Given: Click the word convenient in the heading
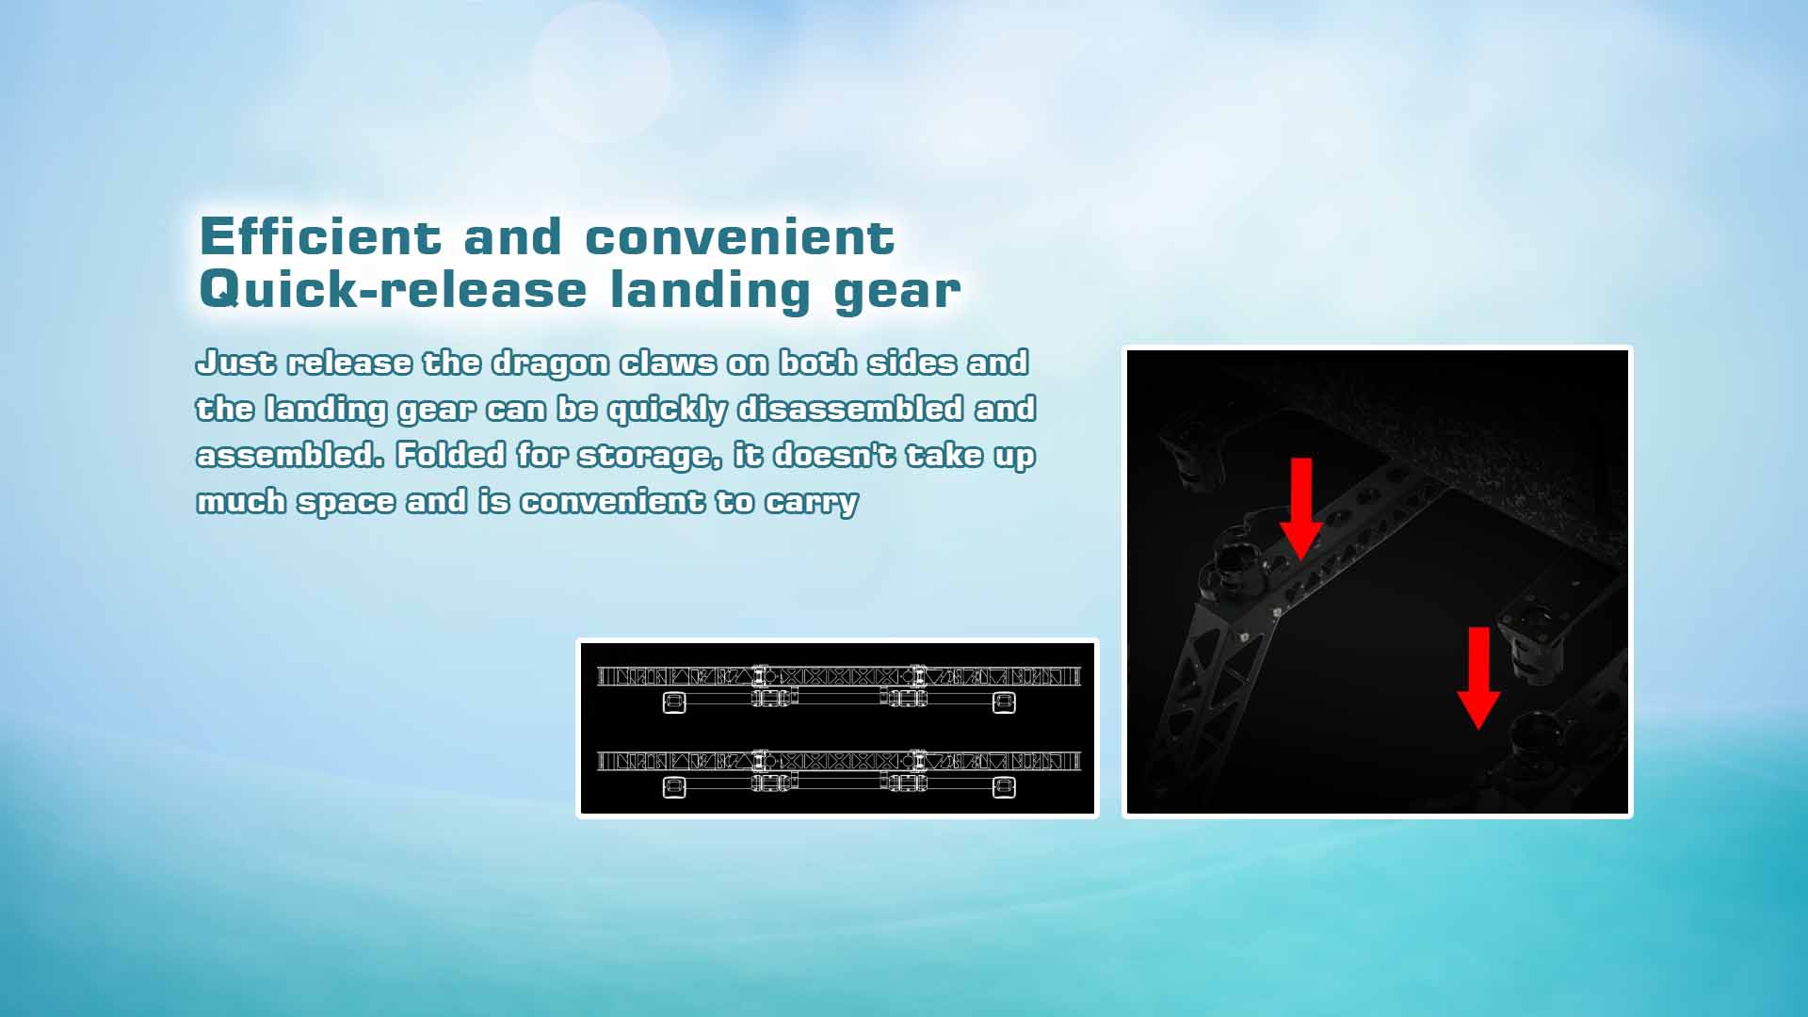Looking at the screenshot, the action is (739, 236).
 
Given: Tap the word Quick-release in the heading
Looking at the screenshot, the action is (393, 289).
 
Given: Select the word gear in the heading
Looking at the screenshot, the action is (896, 292).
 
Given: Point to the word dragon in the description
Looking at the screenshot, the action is (551, 364).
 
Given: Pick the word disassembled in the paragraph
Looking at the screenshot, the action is (850, 409).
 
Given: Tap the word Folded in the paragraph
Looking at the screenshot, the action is (451, 455).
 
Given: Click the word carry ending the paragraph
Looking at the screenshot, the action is (811, 503).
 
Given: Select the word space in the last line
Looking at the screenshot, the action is (347, 503).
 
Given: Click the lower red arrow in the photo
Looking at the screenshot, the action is (1478, 677).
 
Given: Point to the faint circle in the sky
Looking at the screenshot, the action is (601, 73).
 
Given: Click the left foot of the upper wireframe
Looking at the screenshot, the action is (674, 702).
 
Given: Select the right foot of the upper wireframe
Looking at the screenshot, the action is (1005, 702).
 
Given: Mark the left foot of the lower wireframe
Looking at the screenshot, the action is (674, 787).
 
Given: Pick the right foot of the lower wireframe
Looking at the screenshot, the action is (1005, 787).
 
